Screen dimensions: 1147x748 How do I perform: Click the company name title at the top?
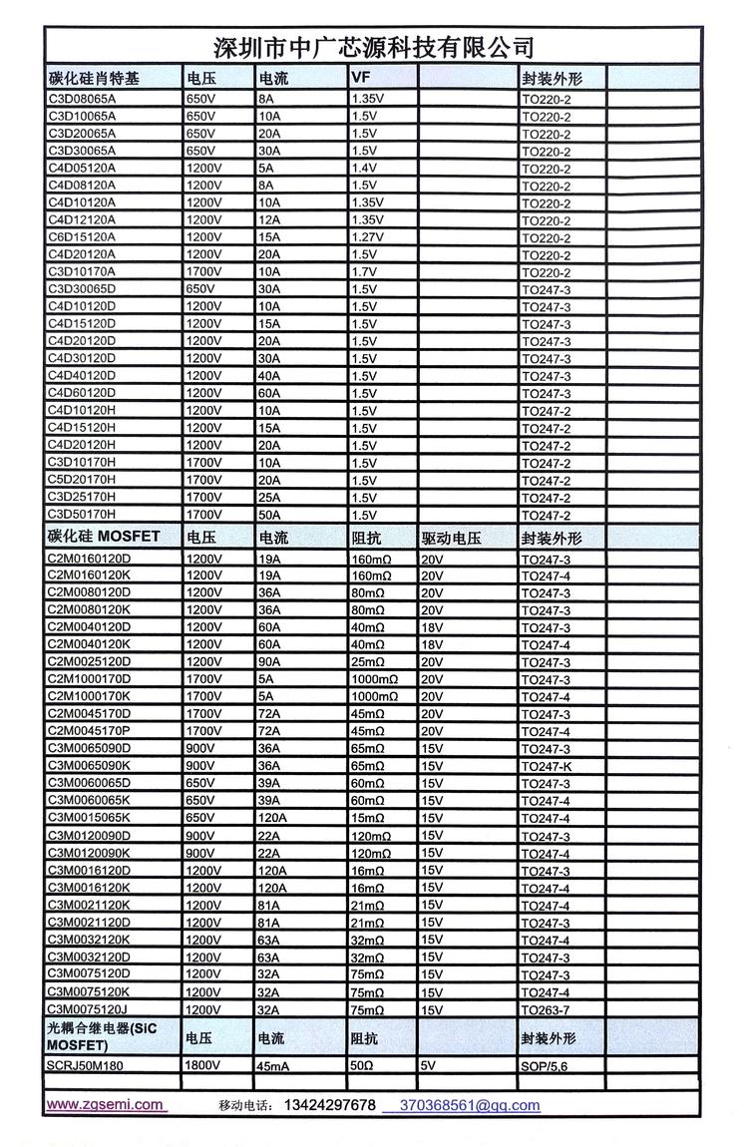click(x=374, y=47)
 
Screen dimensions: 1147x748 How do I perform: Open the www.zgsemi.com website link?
click(x=105, y=1104)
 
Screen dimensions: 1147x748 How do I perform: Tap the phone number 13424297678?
click(x=330, y=1105)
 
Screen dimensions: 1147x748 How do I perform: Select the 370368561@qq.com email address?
click(x=470, y=1105)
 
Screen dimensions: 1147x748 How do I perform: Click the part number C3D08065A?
click(x=83, y=99)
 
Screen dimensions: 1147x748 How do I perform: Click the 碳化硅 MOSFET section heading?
click(x=104, y=537)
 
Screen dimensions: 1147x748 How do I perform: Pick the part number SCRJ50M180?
click(x=89, y=1064)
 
